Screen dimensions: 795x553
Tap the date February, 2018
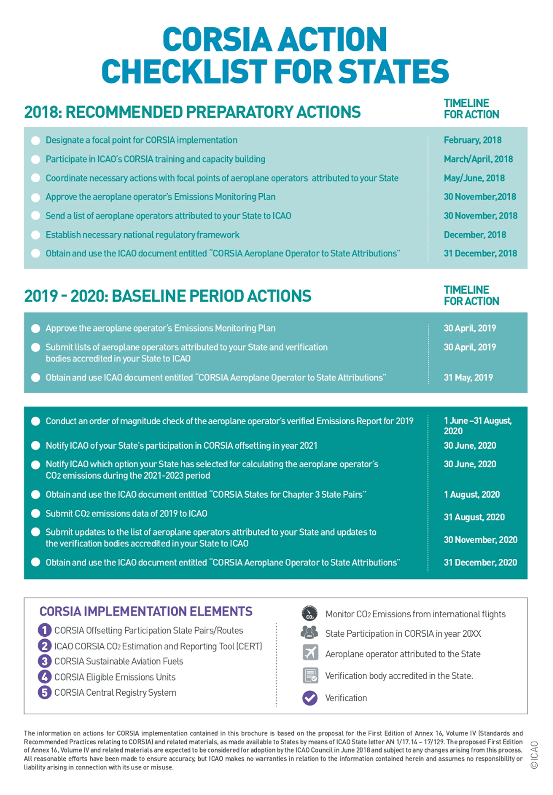click(x=472, y=140)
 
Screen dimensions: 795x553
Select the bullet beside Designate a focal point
click(x=36, y=141)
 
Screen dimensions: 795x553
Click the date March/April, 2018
click(x=478, y=159)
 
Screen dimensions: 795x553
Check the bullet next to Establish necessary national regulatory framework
click(x=36, y=235)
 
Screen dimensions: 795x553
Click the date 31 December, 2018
click(x=480, y=253)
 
